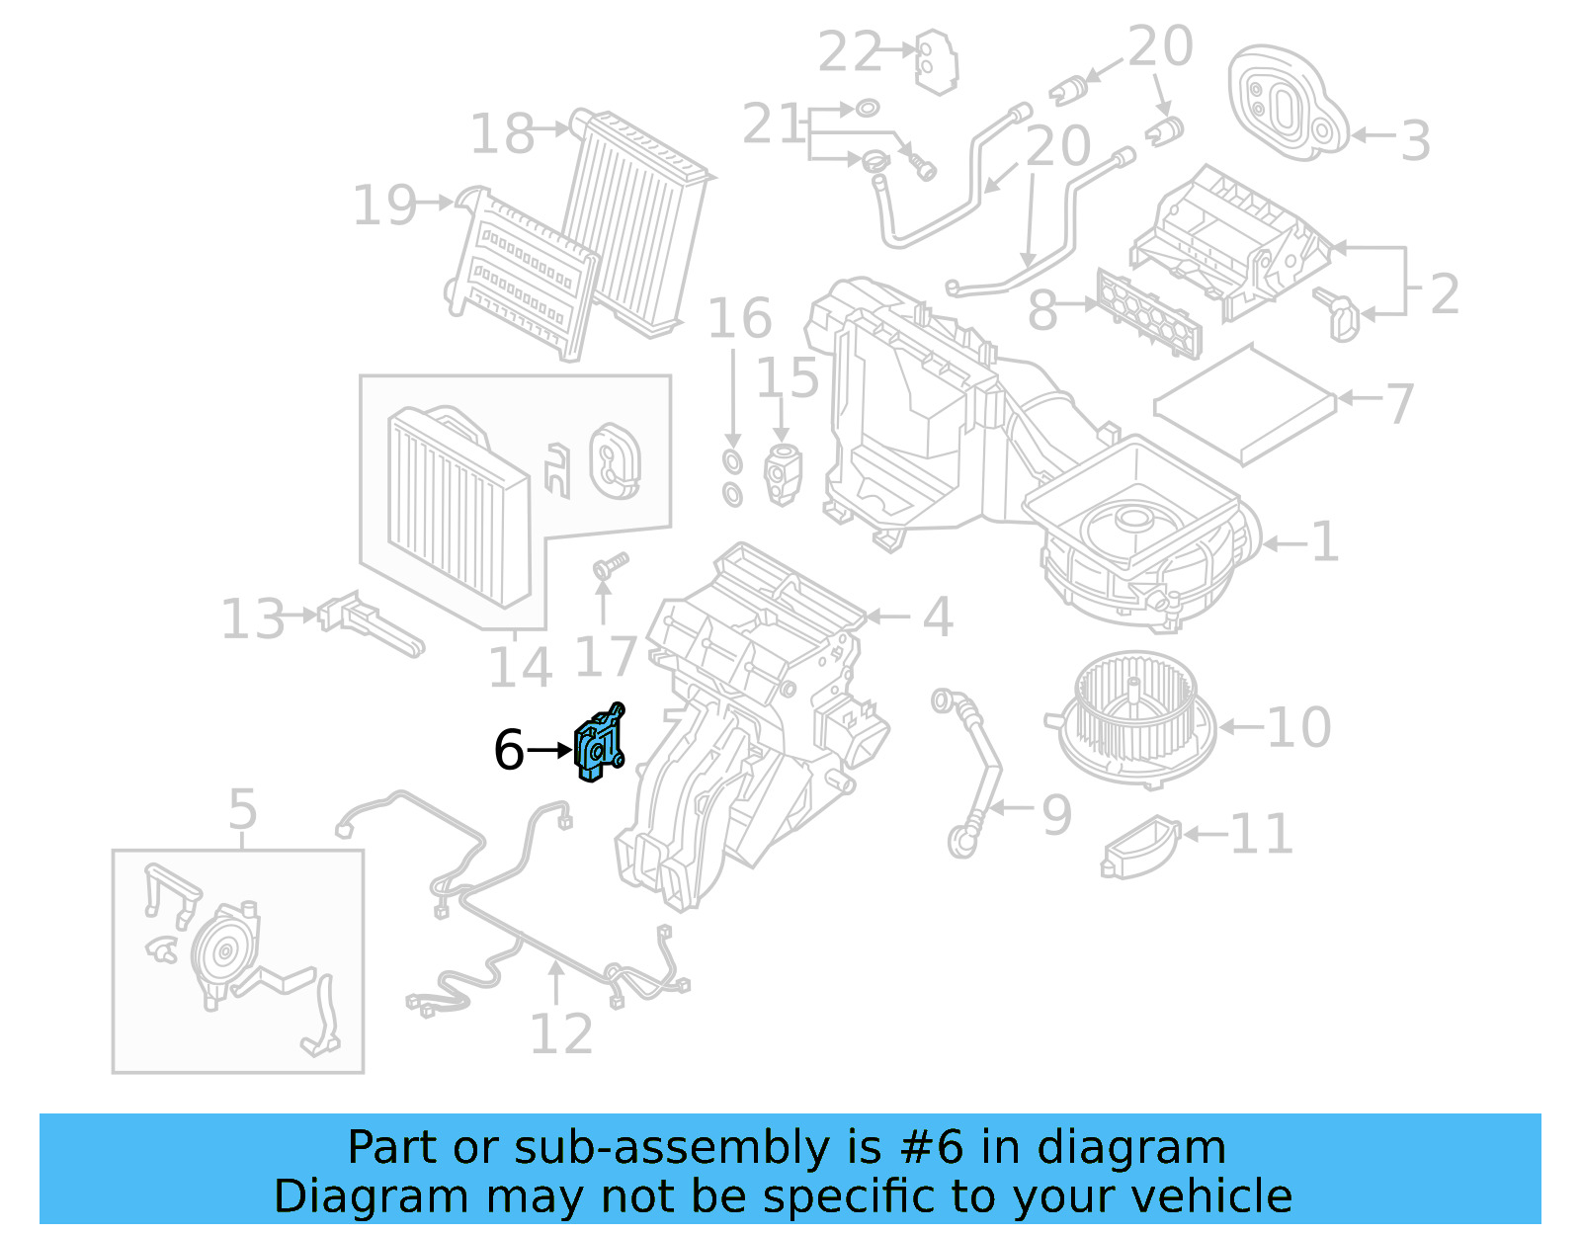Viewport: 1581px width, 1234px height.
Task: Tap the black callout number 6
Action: tap(508, 750)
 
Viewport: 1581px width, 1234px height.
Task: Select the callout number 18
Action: tap(502, 133)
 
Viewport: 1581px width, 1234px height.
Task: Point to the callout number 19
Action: tap(385, 206)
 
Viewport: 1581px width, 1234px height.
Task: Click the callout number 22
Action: tap(849, 51)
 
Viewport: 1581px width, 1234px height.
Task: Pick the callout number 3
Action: tap(1415, 140)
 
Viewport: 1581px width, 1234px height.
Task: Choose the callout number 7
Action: tap(1399, 403)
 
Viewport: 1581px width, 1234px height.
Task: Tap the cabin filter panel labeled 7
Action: tap(1245, 403)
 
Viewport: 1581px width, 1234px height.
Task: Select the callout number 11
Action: tap(1261, 835)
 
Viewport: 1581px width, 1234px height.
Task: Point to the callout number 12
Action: tap(561, 1033)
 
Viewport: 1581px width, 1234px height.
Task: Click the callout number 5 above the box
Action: tap(242, 809)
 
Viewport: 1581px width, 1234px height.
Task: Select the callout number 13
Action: tap(253, 619)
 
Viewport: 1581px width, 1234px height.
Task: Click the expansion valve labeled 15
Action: tap(783, 474)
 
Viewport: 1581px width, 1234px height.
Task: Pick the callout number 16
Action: tap(739, 318)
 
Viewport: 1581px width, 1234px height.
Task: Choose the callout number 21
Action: tap(773, 124)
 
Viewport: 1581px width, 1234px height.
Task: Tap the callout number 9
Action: tap(1056, 815)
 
